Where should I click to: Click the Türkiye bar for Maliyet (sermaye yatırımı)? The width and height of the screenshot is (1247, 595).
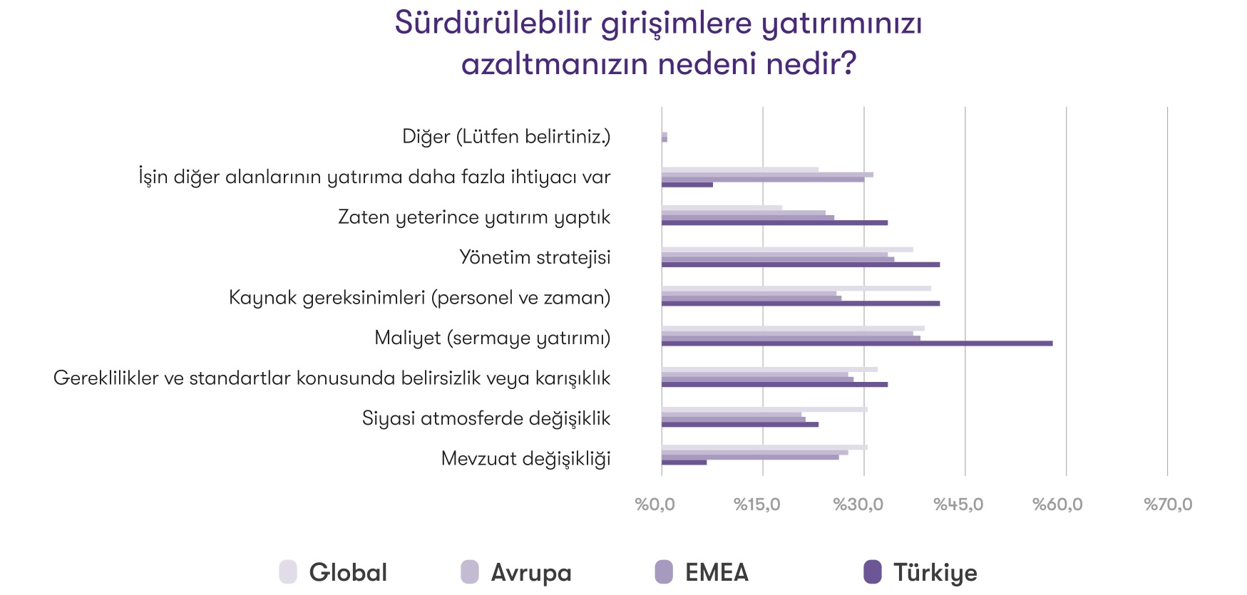(856, 343)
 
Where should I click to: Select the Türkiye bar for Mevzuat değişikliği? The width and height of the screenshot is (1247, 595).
(684, 462)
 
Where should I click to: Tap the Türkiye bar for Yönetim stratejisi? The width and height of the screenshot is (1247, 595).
(800, 264)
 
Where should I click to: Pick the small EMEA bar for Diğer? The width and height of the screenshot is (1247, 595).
(664, 137)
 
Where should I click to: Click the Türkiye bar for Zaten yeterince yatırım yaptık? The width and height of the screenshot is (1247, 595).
(774, 222)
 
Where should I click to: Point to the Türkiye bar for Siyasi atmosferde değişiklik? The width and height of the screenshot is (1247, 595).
(739, 424)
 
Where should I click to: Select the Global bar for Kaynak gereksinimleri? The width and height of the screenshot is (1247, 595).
(796, 288)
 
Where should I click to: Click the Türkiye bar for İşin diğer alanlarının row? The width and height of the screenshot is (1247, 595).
(687, 185)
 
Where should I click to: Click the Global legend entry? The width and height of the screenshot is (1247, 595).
(334, 572)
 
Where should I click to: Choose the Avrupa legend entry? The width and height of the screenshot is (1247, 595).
(516, 572)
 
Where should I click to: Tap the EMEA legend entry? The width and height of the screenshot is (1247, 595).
(702, 572)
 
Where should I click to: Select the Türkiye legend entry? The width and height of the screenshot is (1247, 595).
(920, 572)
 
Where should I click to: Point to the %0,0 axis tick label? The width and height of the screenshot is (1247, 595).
(655, 505)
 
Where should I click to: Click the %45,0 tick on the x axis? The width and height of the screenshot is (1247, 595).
(958, 505)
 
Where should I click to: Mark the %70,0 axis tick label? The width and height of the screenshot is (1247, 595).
(1168, 505)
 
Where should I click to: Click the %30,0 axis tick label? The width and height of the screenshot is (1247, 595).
(858, 505)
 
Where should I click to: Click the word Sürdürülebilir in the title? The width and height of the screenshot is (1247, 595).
(493, 23)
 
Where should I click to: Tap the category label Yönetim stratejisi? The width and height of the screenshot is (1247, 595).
(535, 257)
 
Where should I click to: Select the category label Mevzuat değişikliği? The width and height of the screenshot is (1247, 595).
(525, 458)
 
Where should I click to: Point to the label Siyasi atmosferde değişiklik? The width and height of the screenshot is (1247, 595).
(486, 418)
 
